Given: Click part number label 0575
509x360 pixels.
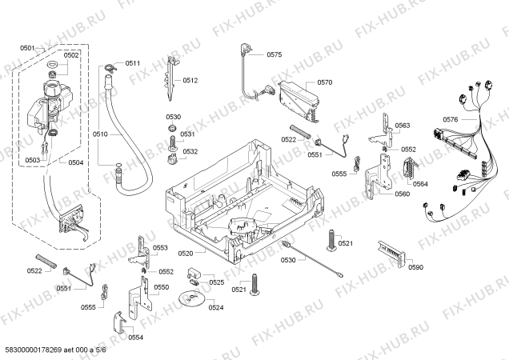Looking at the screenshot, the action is (x=274, y=54).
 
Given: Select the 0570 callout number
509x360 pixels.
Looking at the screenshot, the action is (x=325, y=82).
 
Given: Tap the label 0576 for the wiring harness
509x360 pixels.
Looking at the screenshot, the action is (x=451, y=119).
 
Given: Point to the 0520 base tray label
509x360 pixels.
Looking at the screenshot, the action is (x=186, y=254).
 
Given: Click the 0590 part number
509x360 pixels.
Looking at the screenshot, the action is (x=415, y=267).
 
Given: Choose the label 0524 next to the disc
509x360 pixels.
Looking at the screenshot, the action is (x=216, y=307).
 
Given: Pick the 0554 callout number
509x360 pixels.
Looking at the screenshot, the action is (x=135, y=338).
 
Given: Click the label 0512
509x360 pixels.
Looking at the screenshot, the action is (x=190, y=80).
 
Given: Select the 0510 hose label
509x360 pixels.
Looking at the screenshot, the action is (x=100, y=134).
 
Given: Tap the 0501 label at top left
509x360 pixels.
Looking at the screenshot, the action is (x=27, y=48).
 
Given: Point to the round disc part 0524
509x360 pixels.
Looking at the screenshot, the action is (x=190, y=298).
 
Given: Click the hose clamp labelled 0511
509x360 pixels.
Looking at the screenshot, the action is (x=110, y=67).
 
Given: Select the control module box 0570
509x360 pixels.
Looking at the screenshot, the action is (x=299, y=102).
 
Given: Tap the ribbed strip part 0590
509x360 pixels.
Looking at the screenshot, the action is (x=391, y=254).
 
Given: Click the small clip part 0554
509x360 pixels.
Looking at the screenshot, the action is (x=118, y=322).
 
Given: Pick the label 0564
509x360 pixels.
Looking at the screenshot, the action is (x=420, y=184).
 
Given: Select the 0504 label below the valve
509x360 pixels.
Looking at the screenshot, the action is (x=76, y=162).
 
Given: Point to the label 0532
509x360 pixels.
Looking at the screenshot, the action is (x=190, y=151).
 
